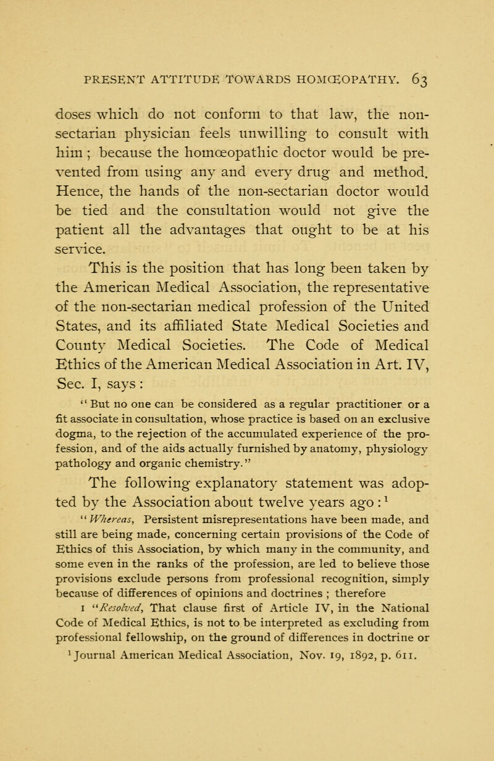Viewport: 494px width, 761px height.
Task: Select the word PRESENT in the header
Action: [92, 62]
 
